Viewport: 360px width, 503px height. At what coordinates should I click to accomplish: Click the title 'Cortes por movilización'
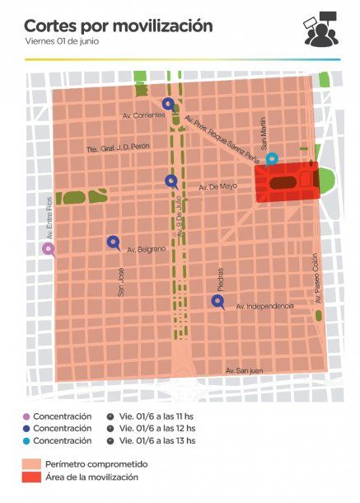coord(118,26)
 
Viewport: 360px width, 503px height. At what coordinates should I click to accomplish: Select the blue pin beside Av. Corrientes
coord(169,104)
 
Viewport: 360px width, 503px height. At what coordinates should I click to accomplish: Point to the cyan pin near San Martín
coord(272,157)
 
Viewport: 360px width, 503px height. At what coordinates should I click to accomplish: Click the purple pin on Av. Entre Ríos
coord(49,248)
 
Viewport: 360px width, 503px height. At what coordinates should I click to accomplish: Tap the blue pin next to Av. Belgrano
coord(113,242)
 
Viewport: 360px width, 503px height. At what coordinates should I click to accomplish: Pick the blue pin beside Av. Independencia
coord(217,301)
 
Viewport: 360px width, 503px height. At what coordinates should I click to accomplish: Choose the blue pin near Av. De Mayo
coord(171,181)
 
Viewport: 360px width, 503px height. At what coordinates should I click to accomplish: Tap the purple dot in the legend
coord(26,416)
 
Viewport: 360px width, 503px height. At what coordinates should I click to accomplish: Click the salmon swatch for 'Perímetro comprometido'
coord(32,464)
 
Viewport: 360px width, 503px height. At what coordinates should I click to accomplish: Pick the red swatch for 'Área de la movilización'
coord(32,477)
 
